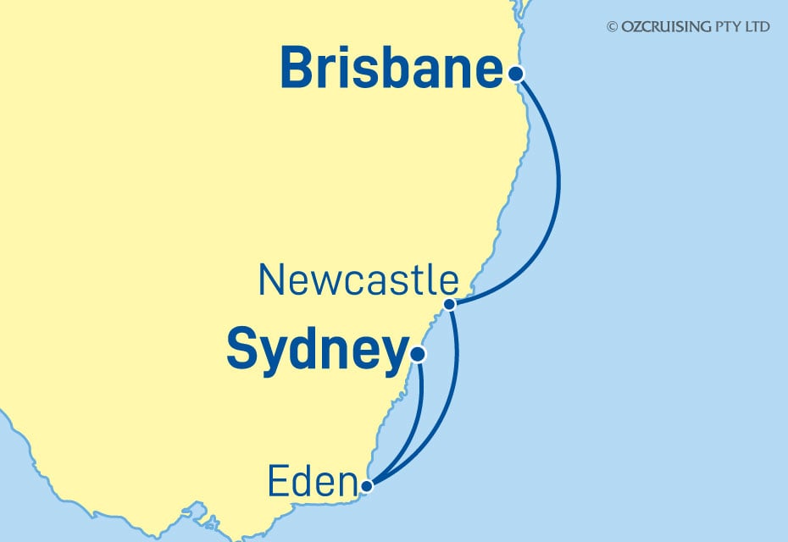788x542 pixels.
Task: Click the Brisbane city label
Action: point(391,69)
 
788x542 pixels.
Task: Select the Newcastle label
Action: point(359,280)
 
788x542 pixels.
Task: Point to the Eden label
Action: point(310,484)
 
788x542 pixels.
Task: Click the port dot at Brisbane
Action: point(516,74)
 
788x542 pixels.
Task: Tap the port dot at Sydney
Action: point(417,354)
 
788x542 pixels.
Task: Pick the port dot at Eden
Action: point(366,486)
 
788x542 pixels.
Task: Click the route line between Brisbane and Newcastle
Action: point(558,195)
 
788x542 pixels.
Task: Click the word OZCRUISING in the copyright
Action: point(667,27)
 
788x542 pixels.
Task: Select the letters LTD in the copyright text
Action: point(758,27)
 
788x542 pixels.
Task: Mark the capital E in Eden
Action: point(279,484)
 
